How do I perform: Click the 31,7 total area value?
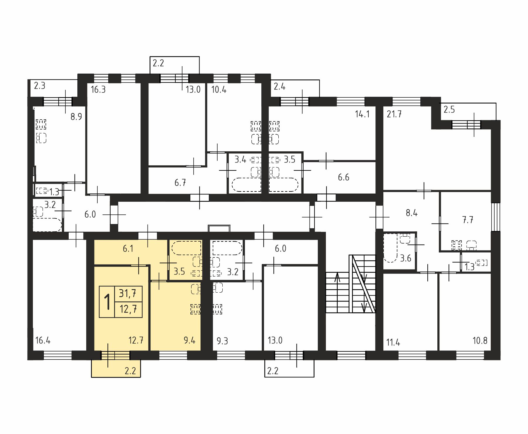(x=128, y=293)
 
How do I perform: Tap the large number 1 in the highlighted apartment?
(x=107, y=302)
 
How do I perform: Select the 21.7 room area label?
(x=394, y=114)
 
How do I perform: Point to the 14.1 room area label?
(x=362, y=114)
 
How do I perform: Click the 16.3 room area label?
(x=98, y=89)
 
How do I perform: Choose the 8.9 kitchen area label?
(x=76, y=117)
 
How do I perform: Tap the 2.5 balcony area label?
(x=449, y=110)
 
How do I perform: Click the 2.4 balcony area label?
(x=280, y=87)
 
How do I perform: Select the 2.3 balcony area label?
(x=40, y=86)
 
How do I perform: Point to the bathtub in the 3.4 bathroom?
(x=246, y=185)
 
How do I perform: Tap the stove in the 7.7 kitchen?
(x=457, y=245)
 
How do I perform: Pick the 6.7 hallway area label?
(x=180, y=183)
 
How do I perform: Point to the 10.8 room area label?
(x=480, y=340)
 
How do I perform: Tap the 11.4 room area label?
(x=393, y=342)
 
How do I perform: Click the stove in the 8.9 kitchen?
(x=41, y=124)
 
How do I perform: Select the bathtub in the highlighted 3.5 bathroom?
(x=187, y=248)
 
